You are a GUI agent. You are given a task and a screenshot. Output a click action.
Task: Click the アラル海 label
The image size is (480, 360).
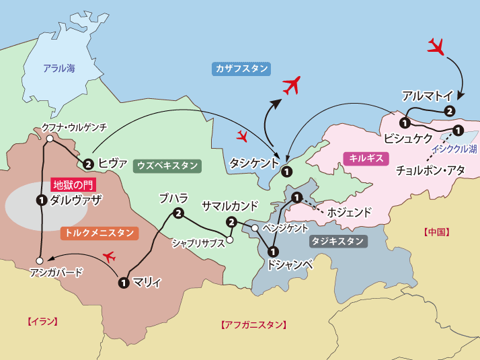59,68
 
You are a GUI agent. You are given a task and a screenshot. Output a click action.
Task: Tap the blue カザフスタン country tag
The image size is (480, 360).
242,69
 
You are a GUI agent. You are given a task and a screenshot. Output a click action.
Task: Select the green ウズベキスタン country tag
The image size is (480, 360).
167,165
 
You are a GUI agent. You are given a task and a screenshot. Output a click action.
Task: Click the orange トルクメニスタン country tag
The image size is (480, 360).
99,233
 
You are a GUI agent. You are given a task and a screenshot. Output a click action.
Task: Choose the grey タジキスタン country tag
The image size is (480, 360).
338,241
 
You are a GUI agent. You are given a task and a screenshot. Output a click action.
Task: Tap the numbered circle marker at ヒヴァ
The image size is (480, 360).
88,163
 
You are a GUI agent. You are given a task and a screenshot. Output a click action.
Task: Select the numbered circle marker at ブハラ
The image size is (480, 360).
178,213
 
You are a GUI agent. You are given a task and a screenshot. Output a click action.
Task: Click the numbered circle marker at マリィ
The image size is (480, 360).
123,283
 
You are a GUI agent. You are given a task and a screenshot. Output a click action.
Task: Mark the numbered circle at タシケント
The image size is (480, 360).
286,171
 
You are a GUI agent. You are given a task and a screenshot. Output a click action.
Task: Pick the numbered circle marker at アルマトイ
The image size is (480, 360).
450,110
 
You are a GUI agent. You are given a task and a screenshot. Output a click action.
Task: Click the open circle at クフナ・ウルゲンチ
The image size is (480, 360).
50,139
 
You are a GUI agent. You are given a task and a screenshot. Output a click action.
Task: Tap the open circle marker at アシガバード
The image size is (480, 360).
40,260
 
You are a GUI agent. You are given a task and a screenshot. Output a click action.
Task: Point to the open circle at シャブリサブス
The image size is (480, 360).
229,240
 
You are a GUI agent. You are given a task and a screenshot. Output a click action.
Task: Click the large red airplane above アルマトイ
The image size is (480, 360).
437,46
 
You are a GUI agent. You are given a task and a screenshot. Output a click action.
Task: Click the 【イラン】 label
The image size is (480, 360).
42,321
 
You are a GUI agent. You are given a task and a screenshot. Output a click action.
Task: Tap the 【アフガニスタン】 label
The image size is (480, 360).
253,325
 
